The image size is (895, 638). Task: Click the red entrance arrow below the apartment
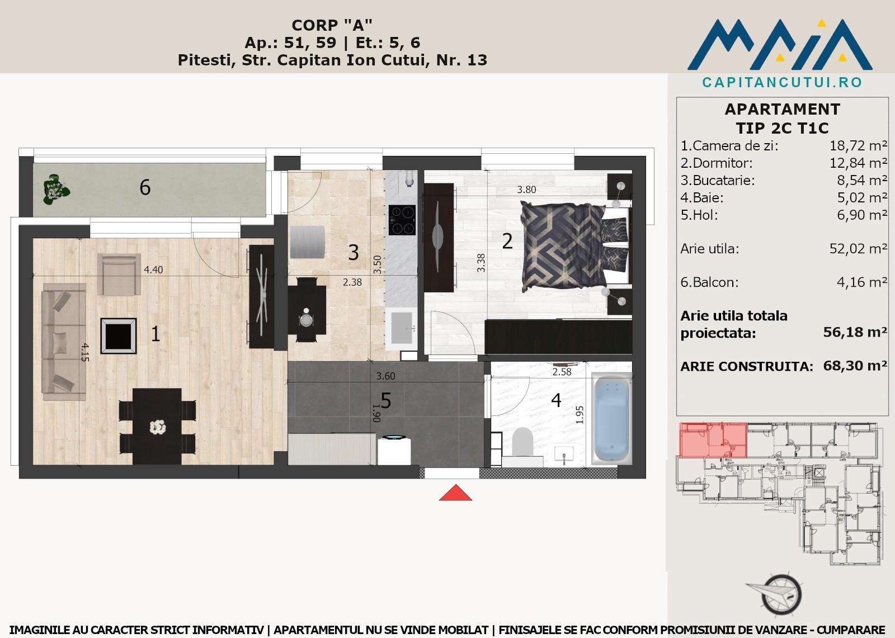tap(455, 494)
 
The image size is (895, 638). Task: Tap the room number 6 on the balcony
tap(145, 187)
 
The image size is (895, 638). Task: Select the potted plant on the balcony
tap(56, 190)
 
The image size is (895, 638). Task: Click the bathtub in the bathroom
tap(611, 419)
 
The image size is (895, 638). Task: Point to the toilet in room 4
tap(522, 442)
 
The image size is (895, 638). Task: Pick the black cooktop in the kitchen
tap(402, 220)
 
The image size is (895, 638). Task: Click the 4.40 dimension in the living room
tap(153, 270)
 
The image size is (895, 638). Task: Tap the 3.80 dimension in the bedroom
tap(526, 190)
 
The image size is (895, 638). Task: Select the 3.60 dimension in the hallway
tap(385, 376)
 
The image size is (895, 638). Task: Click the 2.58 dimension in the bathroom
tap(562, 372)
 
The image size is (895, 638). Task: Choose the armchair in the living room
tap(119, 274)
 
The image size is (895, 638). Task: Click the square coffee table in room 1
tap(118, 336)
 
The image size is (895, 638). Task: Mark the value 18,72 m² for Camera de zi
tap(858, 146)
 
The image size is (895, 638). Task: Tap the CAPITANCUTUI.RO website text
tap(782, 83)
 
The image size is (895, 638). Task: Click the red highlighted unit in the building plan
tap(713, 440)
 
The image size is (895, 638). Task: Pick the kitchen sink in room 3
tap(402, 328)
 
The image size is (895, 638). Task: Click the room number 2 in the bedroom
tap(507, 242)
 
